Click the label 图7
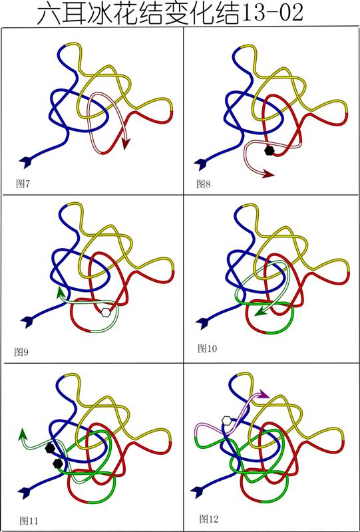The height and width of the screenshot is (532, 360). pos(23,184)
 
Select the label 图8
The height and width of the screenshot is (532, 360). pos(204,184)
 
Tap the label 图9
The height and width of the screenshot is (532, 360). pos(21,352)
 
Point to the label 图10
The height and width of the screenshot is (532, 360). pos(207,348)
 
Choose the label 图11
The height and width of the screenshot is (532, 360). pos(29,521)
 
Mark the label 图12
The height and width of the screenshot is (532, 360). pos(209,519)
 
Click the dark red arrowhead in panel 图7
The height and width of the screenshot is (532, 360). pos(126,144)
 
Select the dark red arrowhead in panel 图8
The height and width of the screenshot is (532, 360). pos(268,174)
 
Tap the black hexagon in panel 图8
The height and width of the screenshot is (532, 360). pos(269,151)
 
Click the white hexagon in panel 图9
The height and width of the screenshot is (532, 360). pos(106,313)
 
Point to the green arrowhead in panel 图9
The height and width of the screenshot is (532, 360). pos(61,293)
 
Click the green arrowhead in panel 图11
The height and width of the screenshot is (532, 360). pos(23,434)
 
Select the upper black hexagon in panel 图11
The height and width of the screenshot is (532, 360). pos(50,448)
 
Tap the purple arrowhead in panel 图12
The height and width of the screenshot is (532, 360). pos(263,394)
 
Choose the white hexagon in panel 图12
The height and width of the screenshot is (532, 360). pos(226,420)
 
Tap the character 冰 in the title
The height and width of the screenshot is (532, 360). pos(104,13)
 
